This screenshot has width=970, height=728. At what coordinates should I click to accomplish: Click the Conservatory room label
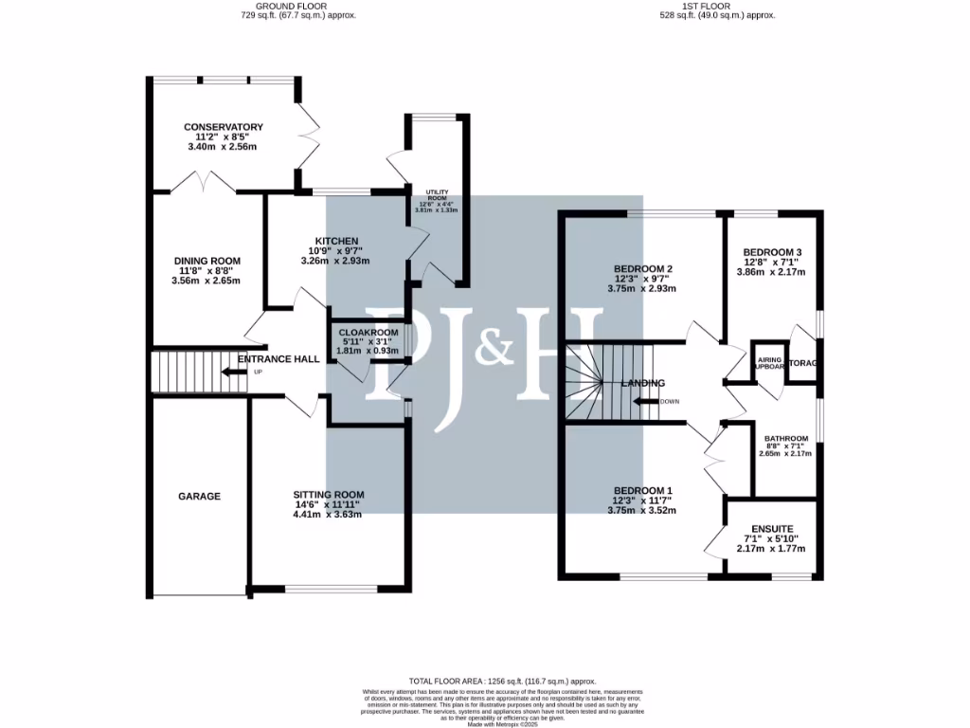tap(224, 127)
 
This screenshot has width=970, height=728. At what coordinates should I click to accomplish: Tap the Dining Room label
tap(207, 261)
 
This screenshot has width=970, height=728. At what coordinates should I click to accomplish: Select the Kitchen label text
tap(336, 241)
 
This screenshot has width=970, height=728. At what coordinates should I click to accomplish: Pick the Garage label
tap(199, 496)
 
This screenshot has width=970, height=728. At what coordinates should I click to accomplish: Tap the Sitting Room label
tap(328, 495)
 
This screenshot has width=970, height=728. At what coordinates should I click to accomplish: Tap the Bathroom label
tap(786, 438)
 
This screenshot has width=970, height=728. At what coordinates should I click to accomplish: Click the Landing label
tap(643, 383)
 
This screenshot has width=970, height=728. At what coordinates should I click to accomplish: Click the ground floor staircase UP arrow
tap(232, 372)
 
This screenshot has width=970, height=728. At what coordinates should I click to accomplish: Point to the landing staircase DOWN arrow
tap(648, 401)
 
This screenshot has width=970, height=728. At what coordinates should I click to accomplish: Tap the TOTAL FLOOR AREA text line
tap(502, 682)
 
